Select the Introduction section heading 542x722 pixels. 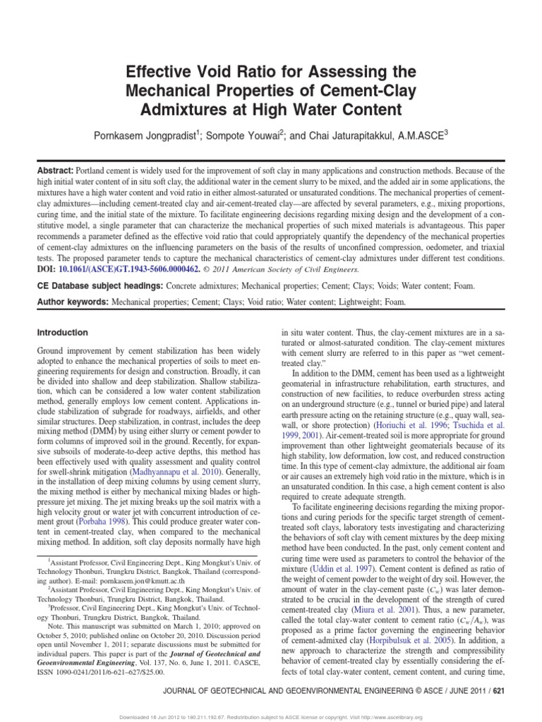62,332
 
